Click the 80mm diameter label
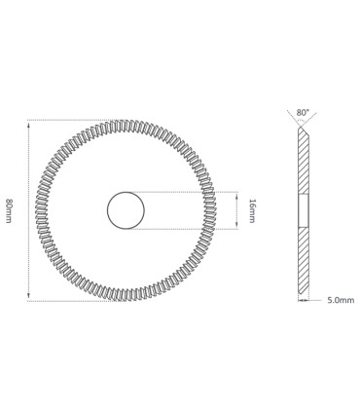tap(9, 210)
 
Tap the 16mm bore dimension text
tap(253, 210)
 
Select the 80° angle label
tap(303, 113)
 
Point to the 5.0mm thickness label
tap(341, 300)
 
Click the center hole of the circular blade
tap(126, 210)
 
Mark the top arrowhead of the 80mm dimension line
tap(28, 124)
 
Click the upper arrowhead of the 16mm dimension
tap(236, 195)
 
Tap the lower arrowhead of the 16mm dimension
tap(236, 226)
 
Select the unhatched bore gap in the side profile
tap(303, 210)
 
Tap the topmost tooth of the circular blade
tap(126, 126)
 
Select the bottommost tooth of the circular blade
tap(126, 295)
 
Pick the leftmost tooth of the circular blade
tap(41, 210)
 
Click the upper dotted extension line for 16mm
tap(185, 192)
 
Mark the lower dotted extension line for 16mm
tap(185, 229)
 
